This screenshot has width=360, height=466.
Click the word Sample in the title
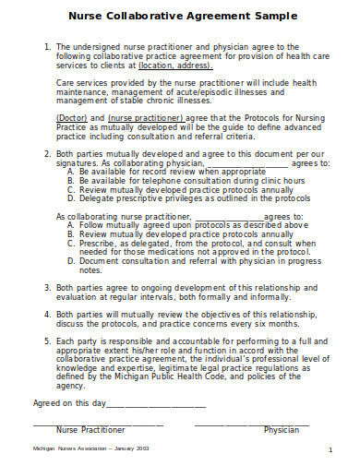270,16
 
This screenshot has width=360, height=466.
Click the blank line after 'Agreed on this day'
155,402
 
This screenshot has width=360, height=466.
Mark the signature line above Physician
251,424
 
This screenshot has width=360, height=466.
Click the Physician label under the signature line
282,430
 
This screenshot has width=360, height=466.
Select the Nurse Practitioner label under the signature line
90,430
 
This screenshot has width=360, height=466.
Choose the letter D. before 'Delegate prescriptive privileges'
70,197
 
